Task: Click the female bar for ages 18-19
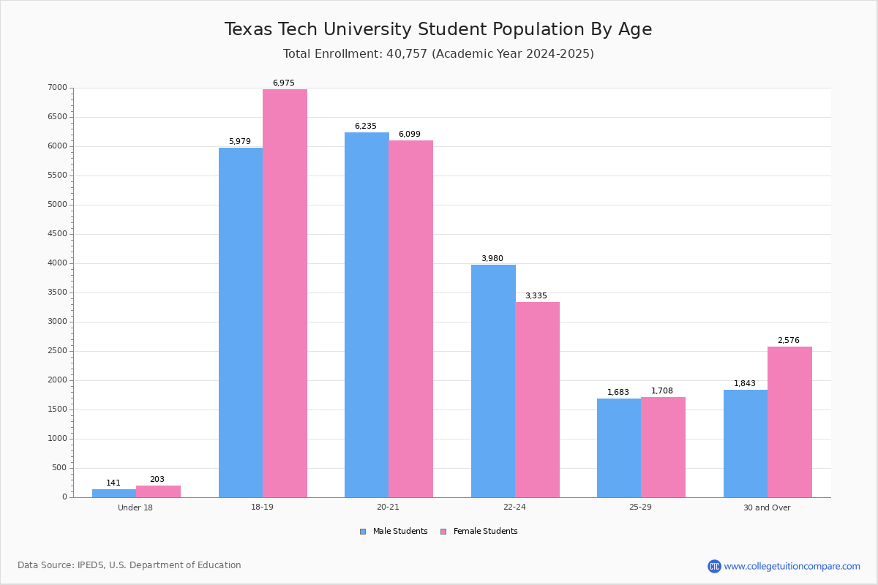point(285,292)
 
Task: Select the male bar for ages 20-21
point(367,314)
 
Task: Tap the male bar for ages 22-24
point(493,380)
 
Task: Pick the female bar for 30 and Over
point(789,422)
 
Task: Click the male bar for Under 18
point(114,493)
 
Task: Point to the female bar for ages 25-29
point(663,447)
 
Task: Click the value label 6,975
point(284,83)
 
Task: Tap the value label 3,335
point(536,296)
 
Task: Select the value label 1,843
point(745,384)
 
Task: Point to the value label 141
point(113,483)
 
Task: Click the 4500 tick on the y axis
point(58,234)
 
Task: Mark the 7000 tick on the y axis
point(58,88)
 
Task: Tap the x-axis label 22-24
point(514,507)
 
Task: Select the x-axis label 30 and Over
point(767,507)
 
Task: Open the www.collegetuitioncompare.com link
point(792,566)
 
